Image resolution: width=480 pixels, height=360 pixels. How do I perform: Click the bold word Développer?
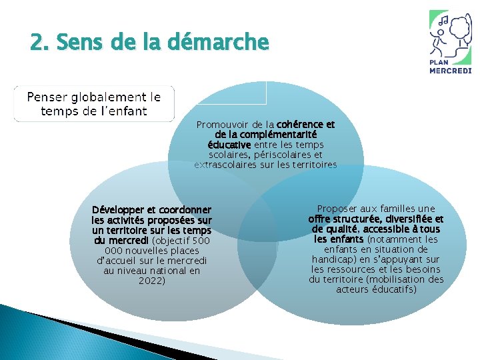(x=122, y=210)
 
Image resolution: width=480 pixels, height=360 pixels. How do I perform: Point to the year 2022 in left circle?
(x=151, y=281)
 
